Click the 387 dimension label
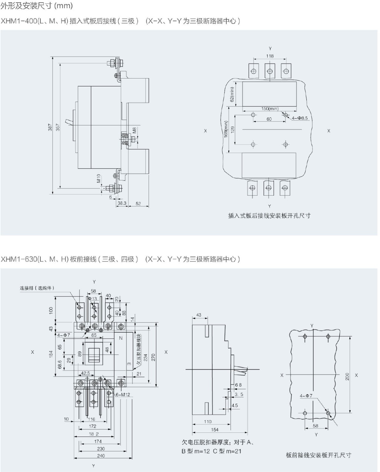(50, 127)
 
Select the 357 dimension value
(58, 127)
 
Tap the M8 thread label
(134, 131)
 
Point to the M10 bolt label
(99, 178)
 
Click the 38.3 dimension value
(122, 203)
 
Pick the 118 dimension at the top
(270, 56)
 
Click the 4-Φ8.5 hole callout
(300, 118)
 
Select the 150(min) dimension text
(270, 109)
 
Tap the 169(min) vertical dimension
(226, 129)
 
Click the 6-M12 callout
(123, 395)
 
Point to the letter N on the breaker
(121, 338)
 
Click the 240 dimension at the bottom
(100, 456)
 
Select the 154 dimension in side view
(215, 430)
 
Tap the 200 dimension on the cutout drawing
(347, 376)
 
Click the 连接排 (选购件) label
(37, 288)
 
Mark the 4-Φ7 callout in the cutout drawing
(306, 396)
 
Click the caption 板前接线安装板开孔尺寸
(319, 455)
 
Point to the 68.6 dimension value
(60, 365)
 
